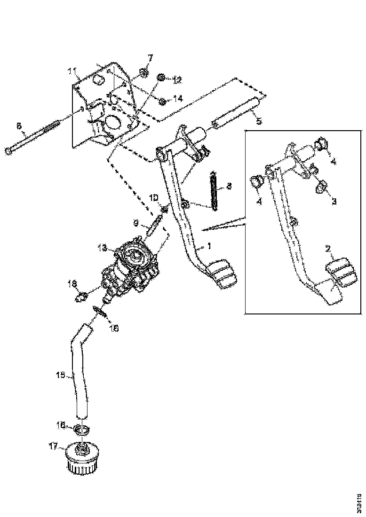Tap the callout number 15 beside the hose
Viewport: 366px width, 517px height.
click(59, 376)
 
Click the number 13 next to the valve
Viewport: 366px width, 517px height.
click(103, 247)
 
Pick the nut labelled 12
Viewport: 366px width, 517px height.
click(161, 77)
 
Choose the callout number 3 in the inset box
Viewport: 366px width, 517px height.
click(334, 201)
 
